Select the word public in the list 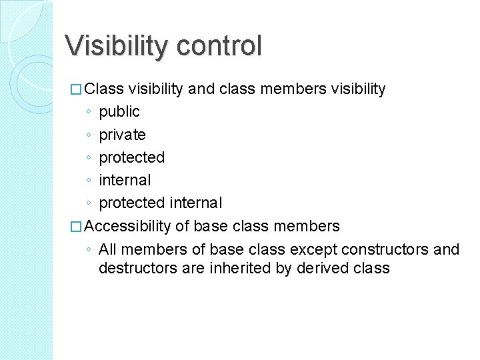(x=119, y=111)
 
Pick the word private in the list (x=122, y=134)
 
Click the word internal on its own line (x=125, y=180)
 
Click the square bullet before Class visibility (x=76, y=89)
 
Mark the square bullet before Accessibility (x=76, y=227)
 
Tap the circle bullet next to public (x=89, y=112)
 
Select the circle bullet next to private (x=89, y=135)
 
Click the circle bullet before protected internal (x=89, y=203)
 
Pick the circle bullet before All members (x=89, y=250)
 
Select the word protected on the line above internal (x=131, y=157)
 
